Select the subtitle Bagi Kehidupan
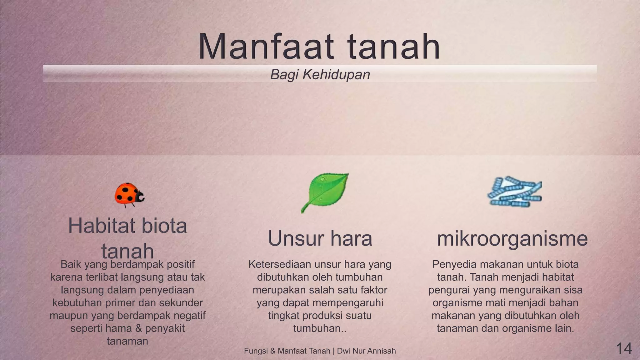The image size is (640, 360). (320, 75)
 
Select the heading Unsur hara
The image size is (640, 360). (320, 239)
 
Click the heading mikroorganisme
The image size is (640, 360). (512, 239)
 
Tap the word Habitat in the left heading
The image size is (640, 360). (100, 226)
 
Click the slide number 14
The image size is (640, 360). (624, 348)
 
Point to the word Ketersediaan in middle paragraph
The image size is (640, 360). (280, 264)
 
